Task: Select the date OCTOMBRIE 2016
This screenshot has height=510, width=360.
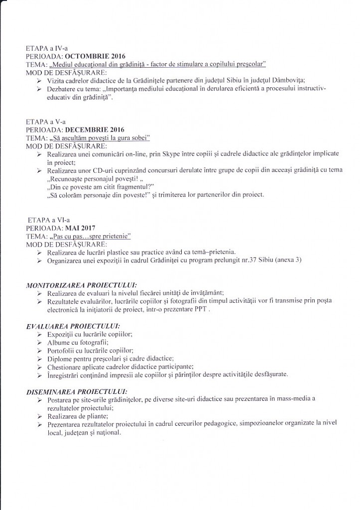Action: (x=96, y=56)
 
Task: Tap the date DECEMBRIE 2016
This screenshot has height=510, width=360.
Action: (x=95, y=130)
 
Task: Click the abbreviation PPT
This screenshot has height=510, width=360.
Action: (x=200, y=308)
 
